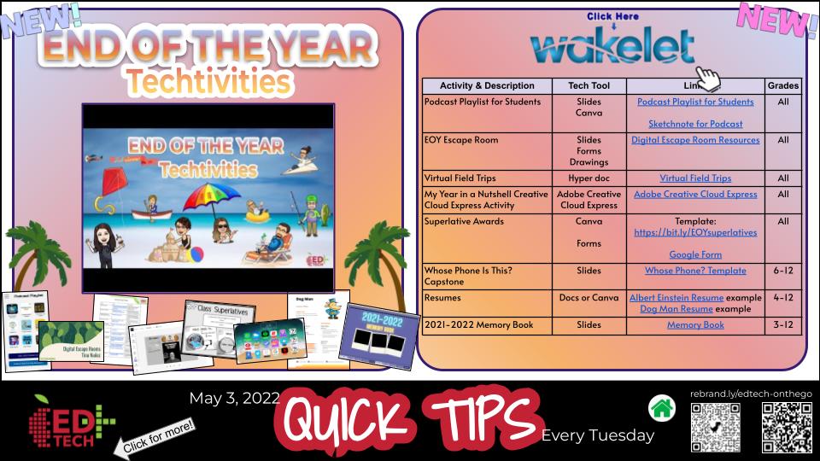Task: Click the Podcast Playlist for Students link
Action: [x=695, y=102]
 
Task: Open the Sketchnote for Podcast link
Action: [x=695, y=124]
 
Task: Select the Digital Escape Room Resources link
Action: [x=695, y=140]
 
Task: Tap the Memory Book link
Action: [x=695, y=325]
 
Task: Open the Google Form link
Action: [x=695, y=254]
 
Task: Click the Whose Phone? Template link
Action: [x=695, y=271]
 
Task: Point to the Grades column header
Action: [x=783, y=85]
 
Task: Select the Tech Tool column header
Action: [x=589, y=85]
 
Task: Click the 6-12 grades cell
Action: [x=783, y=271]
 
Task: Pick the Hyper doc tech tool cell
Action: [x=589, y=178]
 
